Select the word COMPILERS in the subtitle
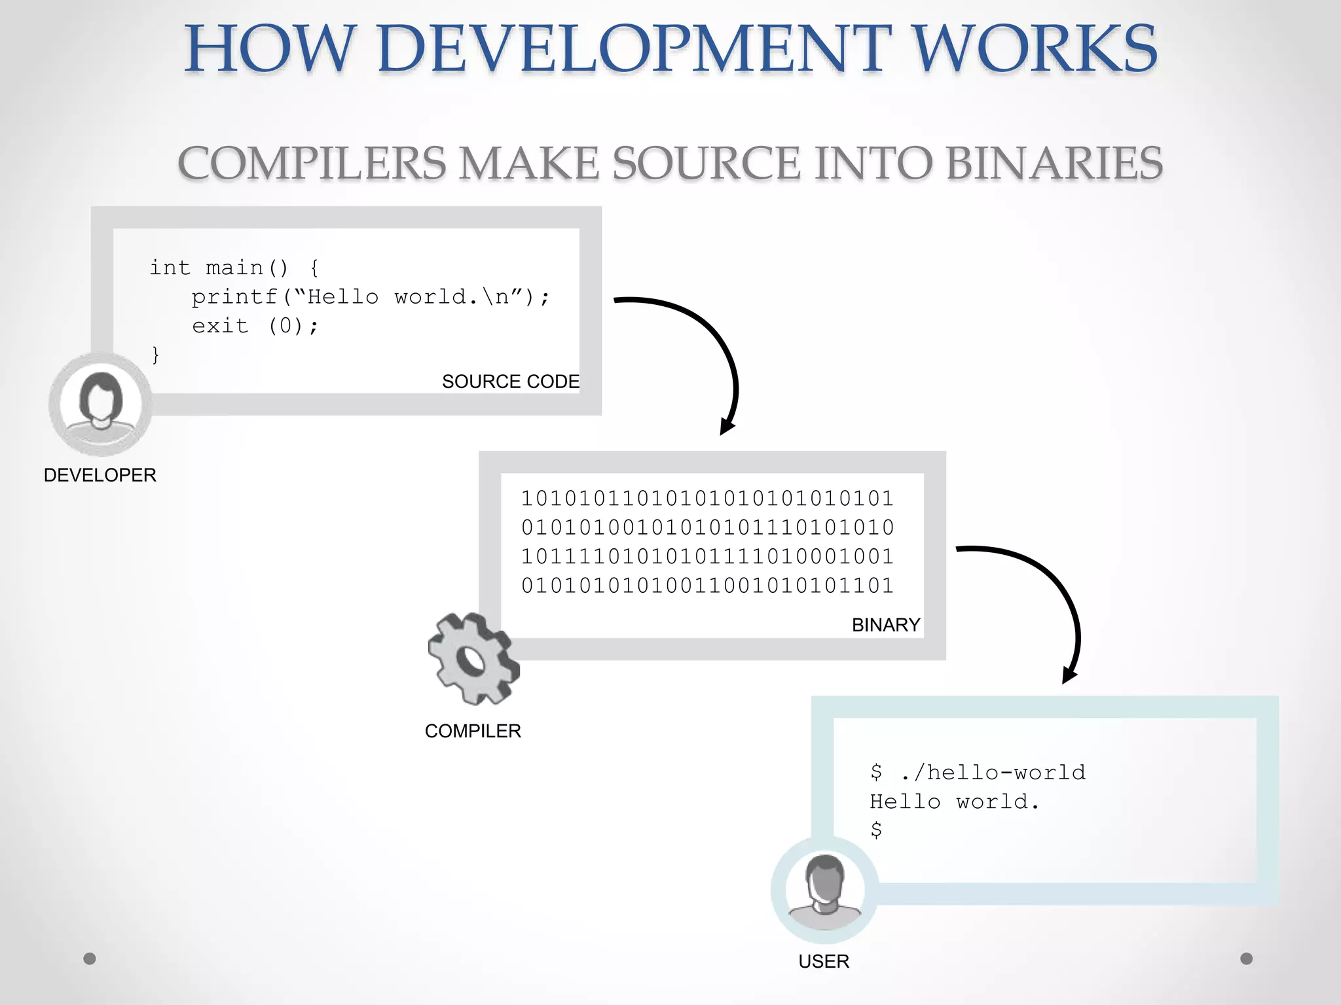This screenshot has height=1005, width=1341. coord(312,163)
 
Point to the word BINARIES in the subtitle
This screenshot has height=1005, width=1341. coord(1054,163)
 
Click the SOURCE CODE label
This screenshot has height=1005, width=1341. coord(511,381)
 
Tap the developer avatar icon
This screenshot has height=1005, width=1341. coord(100,403)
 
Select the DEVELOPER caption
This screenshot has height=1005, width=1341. coord(100,475)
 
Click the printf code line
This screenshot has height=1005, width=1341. coord(371,297)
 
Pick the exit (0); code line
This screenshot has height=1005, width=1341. coord(255,326)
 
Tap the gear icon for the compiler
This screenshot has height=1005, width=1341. coord(473,659)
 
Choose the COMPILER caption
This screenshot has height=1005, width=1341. coord(473,731)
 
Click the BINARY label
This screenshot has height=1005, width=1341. coord(886,625)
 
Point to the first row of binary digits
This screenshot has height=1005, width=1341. coord(707,499)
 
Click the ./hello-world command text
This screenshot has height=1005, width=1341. coord(993,773)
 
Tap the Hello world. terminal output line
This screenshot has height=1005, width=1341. coord(955,802)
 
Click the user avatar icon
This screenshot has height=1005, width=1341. coord(824,890)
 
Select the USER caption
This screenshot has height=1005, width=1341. coord(824,961)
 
